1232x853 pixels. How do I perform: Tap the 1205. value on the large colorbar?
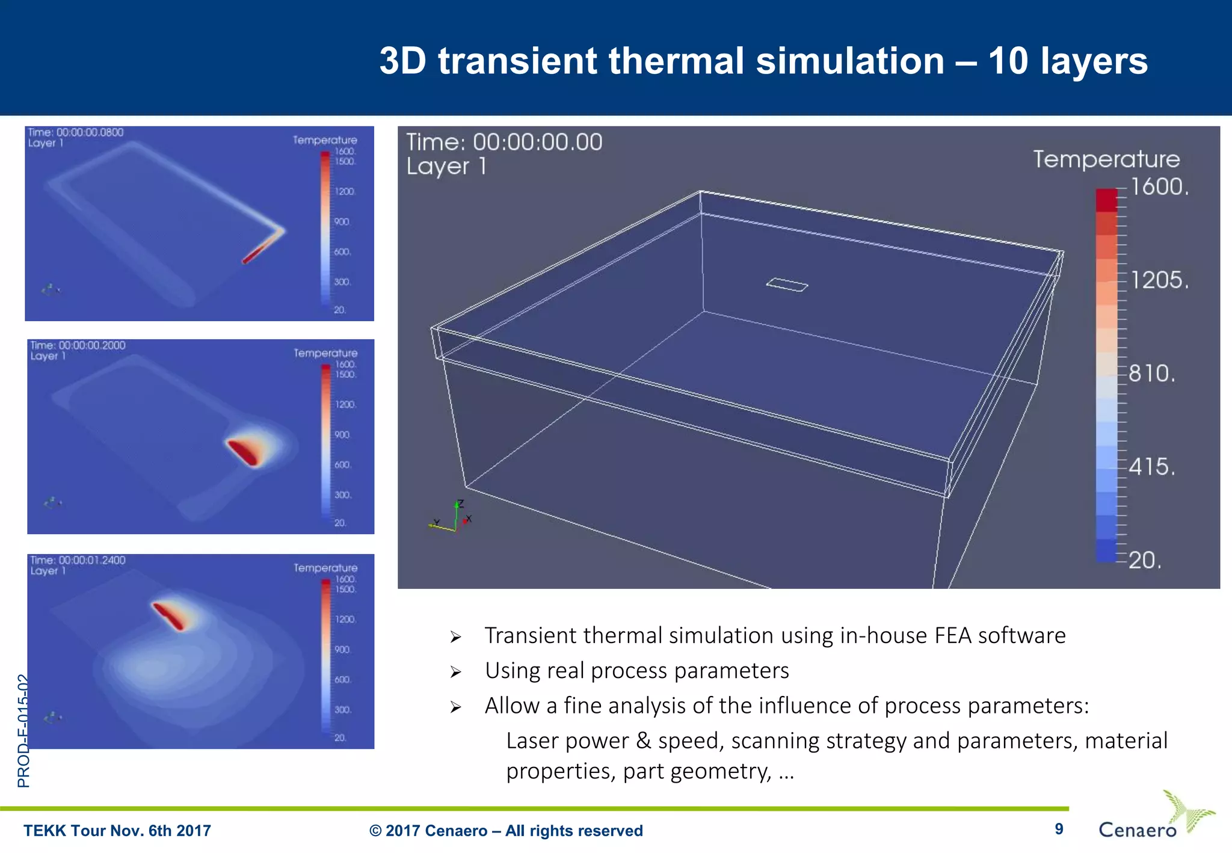coord(1159,280)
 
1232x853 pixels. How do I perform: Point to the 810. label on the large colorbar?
coord(1151,374)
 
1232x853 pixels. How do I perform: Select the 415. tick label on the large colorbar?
coord(1151,467)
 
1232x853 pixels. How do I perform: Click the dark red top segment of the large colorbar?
coord(1106,200)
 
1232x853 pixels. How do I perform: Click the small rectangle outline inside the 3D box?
coord(787,285)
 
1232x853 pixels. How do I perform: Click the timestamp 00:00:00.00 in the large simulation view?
coord(537,143)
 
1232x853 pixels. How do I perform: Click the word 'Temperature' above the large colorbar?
coord(1106,159)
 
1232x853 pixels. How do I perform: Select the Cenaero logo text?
coord(1137,830)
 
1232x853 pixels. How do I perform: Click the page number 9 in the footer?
coord(1059,829)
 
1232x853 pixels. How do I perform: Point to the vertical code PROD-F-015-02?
coord(23,730)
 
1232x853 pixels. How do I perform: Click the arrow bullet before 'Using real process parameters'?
coord(455,672)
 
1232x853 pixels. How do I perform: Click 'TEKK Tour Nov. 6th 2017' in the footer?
coord(117,831)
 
